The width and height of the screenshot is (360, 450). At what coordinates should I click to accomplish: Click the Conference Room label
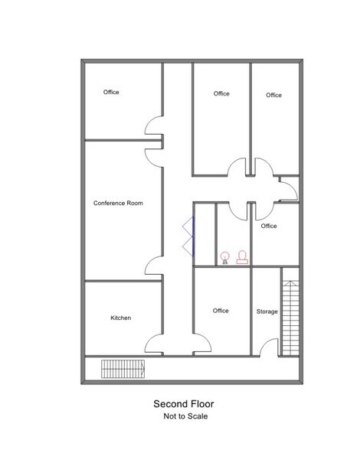point(118,204)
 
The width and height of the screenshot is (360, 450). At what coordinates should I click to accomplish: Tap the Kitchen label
point(121,318)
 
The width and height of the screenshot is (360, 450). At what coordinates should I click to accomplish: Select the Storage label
point(267,311)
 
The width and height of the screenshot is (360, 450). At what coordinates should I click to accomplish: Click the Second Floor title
point(184,404)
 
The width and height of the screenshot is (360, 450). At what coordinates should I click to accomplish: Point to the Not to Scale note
point(185,416)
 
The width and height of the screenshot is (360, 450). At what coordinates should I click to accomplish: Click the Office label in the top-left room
point(111,92)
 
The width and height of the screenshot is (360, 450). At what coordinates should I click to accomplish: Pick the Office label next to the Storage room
point(221,311)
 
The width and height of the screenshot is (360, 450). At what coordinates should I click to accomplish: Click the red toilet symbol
point(242,257)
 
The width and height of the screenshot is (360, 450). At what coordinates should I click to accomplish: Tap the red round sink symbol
point(225,257)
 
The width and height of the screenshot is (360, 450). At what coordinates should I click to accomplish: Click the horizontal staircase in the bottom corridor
point(123,369)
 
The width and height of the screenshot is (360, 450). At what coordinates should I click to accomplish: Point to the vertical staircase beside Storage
point(290,318)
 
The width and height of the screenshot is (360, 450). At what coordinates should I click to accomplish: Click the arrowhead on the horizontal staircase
point(142,369)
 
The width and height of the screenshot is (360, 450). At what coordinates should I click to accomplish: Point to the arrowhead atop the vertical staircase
point(290,283)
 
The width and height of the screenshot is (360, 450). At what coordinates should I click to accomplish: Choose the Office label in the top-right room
point(273,95)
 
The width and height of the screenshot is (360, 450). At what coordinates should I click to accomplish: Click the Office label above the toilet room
point(269,227)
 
